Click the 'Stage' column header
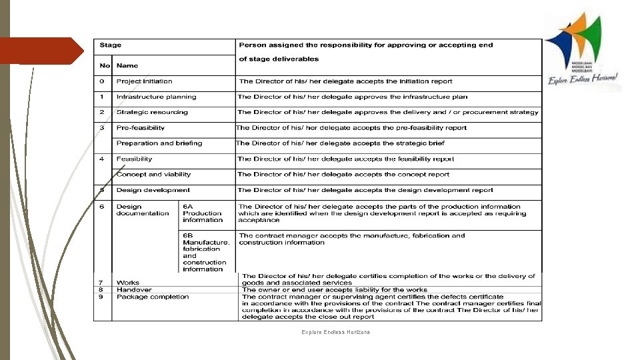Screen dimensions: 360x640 [x=111, y=45]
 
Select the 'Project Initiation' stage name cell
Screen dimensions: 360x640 [x=144, y=81]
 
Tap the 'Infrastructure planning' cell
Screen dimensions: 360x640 [x=156, y=97]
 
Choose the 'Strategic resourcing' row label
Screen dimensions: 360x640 [x=152, y=112]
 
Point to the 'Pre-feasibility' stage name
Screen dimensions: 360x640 [x=141, y=127]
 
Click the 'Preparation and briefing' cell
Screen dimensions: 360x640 [x=159, y=143]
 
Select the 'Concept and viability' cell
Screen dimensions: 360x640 [x=153, y=174]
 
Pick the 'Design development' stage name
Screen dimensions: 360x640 [x=153, y=190]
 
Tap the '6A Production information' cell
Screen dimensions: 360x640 [x=203, y=213]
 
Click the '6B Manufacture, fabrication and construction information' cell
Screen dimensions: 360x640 [x=206, y=252]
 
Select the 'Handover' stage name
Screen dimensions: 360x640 [x=134, y=290]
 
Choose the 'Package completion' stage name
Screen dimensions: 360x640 [x=153, y=297]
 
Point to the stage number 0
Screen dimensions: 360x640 [x=102, y=81]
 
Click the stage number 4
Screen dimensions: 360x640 [x=102, y=159]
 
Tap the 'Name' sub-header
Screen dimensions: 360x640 [x=127, y=65]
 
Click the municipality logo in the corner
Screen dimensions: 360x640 [x=581, y=50]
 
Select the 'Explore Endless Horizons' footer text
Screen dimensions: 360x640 [x=336, y=332]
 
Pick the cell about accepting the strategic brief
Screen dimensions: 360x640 [x=341, y=143]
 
